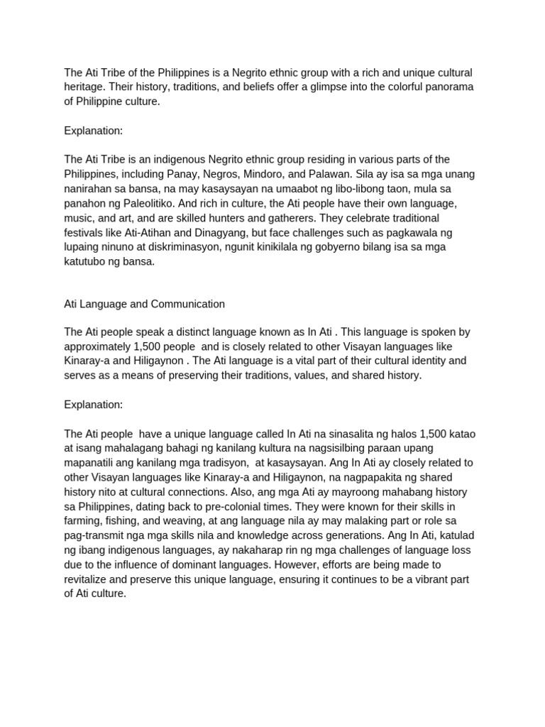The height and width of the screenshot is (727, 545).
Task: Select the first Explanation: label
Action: [93, 131]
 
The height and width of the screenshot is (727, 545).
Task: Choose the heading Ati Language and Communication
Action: [144, 304]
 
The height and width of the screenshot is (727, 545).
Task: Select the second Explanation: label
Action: [93, 405]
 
